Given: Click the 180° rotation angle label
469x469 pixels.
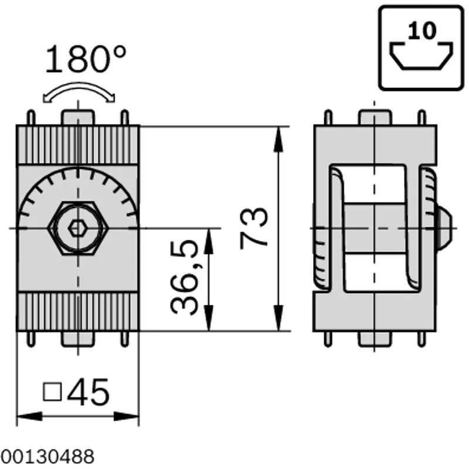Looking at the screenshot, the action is pos(86,59).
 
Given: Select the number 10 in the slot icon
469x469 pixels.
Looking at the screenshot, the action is pos(422,31).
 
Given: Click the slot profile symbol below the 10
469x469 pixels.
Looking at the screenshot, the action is pos(421,56).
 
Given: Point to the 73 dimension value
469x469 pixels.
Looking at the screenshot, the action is pos(254,228).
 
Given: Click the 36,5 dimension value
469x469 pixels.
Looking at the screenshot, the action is pos(183,277).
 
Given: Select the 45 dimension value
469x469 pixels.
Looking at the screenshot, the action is pos(89,392).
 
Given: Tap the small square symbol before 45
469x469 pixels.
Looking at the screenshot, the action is pos(53,392).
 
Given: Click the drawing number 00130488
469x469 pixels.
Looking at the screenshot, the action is pos(47,457).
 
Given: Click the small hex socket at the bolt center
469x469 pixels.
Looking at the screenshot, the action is pos(77,229).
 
